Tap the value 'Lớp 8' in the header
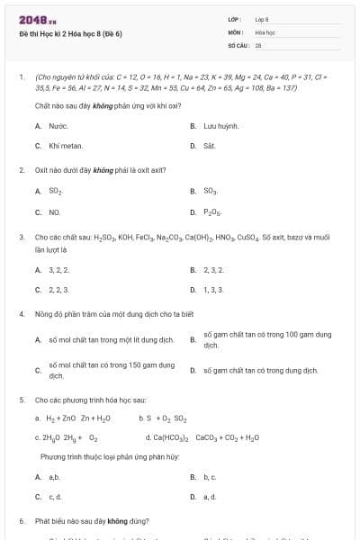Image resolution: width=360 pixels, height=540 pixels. pos(262,19)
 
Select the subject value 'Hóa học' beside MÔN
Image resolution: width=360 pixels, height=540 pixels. pos(264,31)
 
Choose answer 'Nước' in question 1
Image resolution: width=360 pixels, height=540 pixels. pos(57,127)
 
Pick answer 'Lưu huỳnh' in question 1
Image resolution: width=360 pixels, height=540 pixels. pos(220,127)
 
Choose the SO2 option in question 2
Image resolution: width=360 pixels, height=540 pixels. pos(56,192)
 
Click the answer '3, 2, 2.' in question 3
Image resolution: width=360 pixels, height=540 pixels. pos(58,269)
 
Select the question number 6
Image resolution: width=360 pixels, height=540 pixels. pos(22,520)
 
